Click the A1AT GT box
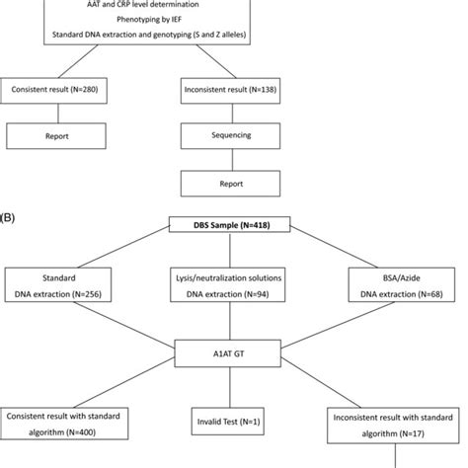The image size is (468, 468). click(x=233, y=350)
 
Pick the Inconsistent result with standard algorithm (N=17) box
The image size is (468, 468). click(x=398, y=427)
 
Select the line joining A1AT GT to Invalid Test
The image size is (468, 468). click(x=233, y=386)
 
